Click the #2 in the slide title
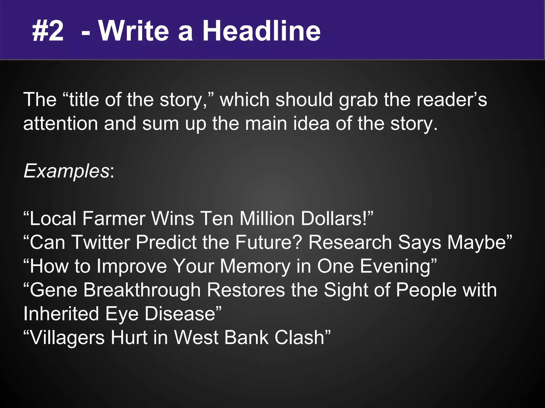click(x=48, y=31)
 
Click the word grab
click(x=358, y=100)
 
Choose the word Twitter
click(x=100, y=242)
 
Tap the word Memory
click(x=255, y=266)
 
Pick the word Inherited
click(x=61, y=314)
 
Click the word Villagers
click(x=68, y=337)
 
